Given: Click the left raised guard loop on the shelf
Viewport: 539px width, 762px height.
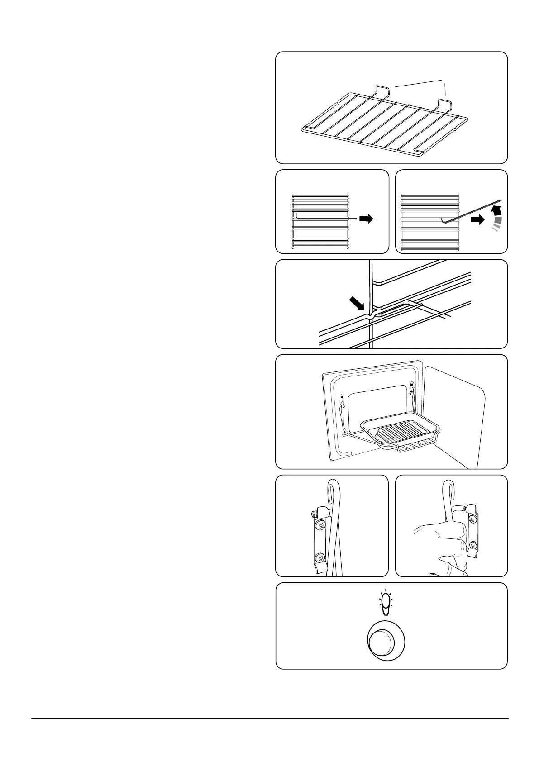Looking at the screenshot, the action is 382,90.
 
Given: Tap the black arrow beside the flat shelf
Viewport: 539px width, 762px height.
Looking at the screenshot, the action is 366,219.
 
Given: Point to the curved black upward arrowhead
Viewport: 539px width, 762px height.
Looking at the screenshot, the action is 497,210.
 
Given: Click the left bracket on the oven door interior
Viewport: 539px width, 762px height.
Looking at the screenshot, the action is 342,400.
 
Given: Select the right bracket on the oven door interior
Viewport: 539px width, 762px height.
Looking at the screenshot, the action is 412,389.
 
